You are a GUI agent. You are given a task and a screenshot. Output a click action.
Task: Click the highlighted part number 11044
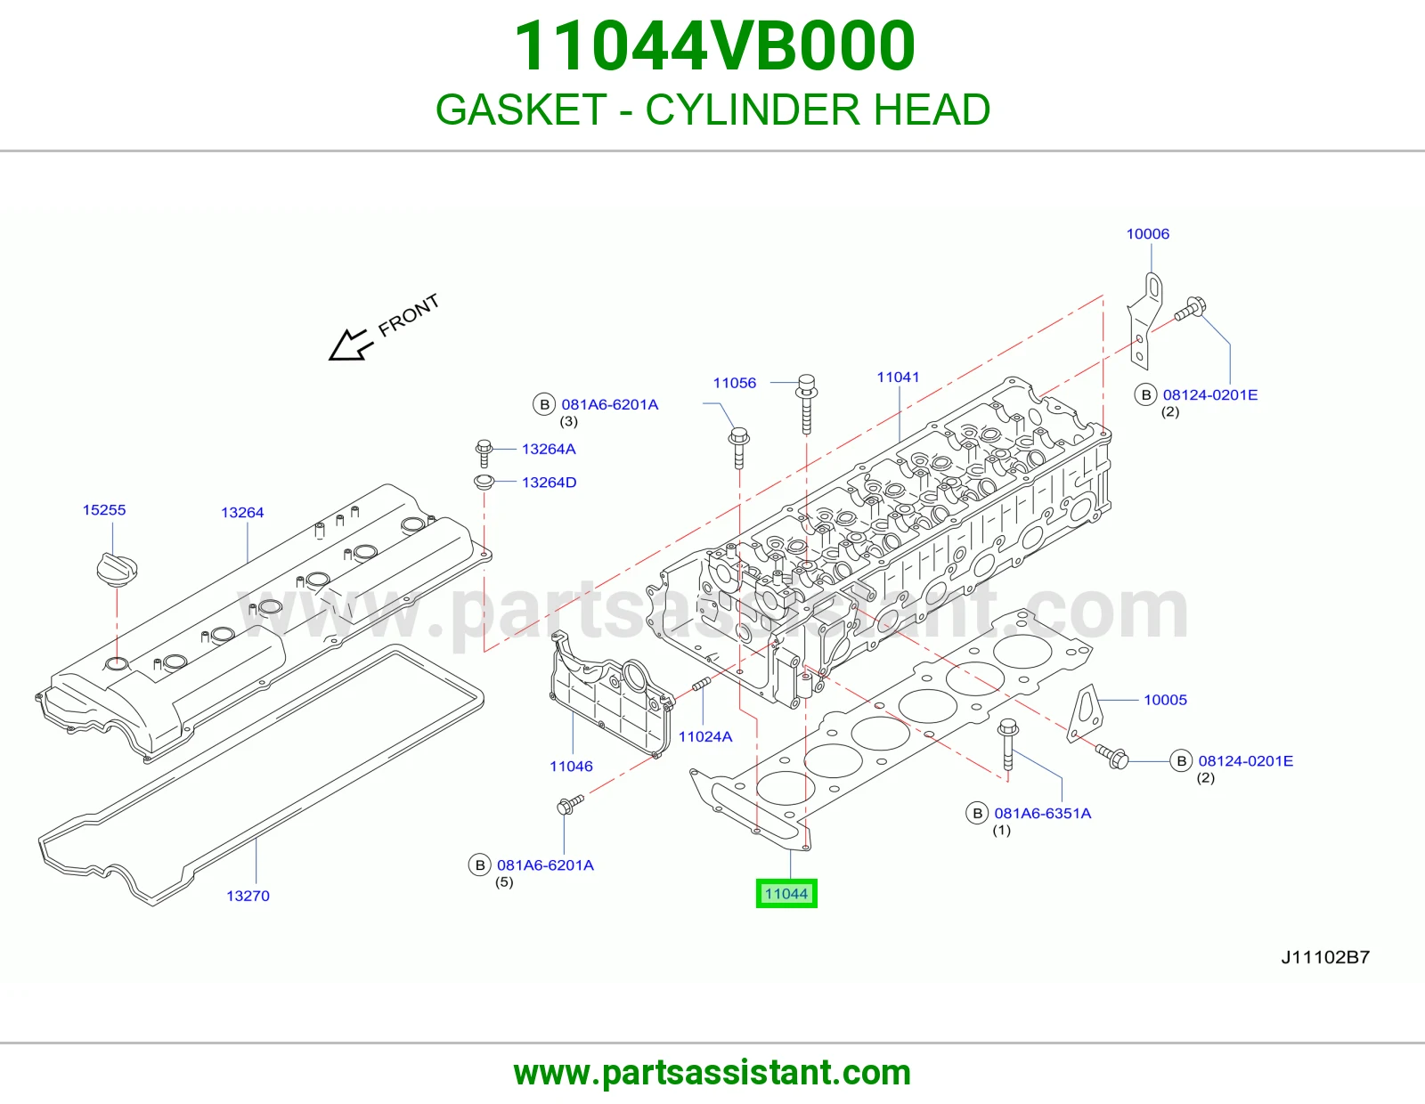click(786, 894)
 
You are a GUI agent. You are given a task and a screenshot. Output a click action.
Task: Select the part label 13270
click(248, 896)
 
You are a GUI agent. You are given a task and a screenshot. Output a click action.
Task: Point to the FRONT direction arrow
click(351, 345)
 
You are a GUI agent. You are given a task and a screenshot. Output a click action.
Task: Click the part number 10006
click(1148, 233)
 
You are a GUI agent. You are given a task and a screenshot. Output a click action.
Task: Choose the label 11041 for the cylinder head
click(898, 377)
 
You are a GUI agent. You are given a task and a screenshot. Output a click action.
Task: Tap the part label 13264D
click(549, 483)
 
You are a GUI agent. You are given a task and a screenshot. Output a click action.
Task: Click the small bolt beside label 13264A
click(484, 453)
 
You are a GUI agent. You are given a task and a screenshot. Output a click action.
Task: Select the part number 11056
click(735, 383)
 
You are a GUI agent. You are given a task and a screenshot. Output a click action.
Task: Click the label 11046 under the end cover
click(571, 766)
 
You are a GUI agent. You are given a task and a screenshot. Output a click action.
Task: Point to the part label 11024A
click(705, 736)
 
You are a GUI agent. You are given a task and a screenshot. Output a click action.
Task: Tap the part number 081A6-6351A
click(1043, 813)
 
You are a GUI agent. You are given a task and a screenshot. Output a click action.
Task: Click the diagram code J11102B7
click(1325, 957)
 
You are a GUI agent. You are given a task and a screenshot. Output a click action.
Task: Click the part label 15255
click(104, 509)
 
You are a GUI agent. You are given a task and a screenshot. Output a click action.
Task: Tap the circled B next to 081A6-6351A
click(977, 813)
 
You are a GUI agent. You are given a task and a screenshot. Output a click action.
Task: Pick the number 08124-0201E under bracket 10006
click(1209, 394)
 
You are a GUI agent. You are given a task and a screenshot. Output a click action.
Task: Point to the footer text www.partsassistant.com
click(712, 1073)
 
